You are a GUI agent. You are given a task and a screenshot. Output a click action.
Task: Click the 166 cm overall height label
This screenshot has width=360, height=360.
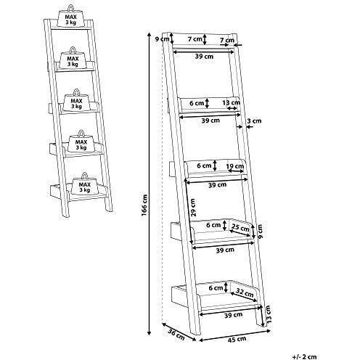(144, 205)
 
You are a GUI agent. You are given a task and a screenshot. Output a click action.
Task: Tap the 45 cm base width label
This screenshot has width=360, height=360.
(237, 339)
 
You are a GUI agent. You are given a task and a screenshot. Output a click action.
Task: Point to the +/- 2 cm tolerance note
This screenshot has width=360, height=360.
(304, 356)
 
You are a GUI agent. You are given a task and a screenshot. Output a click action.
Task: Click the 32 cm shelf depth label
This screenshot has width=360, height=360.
(245, 292)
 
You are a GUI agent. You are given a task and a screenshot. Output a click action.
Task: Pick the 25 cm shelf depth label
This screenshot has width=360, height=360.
(240, 228)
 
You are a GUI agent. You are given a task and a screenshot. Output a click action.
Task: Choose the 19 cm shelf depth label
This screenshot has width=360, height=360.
(235, 166)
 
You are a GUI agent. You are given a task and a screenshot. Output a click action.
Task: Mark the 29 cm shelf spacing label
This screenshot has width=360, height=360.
(192, 208)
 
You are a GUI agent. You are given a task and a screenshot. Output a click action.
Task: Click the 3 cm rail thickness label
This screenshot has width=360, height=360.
(254, 120)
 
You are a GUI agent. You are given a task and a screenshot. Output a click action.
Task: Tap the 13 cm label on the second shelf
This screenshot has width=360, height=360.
(232, 102)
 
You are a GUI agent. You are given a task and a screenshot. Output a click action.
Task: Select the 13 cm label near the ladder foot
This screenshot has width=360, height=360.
(268, 314)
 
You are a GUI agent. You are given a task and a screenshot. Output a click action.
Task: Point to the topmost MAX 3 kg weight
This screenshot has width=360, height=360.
(70, 16)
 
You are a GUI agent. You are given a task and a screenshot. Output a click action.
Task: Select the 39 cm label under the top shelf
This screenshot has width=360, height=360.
(204, 57)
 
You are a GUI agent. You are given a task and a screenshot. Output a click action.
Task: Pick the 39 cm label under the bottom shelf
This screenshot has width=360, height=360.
(233, 315)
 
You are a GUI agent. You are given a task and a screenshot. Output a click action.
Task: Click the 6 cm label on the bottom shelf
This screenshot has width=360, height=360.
(216, 288)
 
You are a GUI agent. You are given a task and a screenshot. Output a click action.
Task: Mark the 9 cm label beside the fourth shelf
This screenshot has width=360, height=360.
(260, 232)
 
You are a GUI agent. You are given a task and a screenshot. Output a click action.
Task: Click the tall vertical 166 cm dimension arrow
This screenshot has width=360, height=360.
(150, 184)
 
